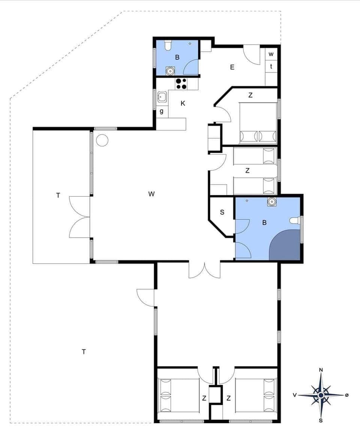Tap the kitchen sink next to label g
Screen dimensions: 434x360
pyautogui.click(x=162, y=98)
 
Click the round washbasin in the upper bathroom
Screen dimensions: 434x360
pyautogui.click(x=171, y=70)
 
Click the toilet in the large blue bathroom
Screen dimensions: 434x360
pyautogui.click(x=295, y=220)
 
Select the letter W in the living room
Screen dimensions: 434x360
pyautogui.click(x=151, y=194)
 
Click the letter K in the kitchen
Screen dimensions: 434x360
pyautogui.click(x=183, y=104)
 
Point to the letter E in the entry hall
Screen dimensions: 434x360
pyautogui.click(x=232, y=67)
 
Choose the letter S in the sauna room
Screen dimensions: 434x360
pyautogui.click(x=222, y=212)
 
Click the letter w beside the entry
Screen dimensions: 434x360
pyautogui.click(x=271, y=54)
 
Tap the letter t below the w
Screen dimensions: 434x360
pyautogui.click(x=271, y=66)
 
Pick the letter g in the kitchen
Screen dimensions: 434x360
pyautogui.click(x=162, y=111)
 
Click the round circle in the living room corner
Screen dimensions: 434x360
pyautogui.click(x=102, y=140)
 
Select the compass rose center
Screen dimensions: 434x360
pyautogui.click(x=321, y=395)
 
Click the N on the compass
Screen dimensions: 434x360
pyautogui.click(x=321, y=370)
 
